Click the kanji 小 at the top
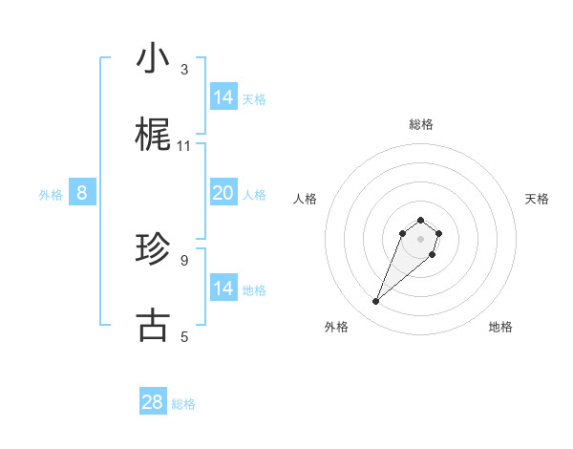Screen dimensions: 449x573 (x=152, y=59)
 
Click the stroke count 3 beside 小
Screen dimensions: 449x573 (x=184, y=70)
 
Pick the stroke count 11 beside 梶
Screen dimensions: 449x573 (x=184, y=146)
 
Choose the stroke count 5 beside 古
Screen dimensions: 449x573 (x=184, y=336)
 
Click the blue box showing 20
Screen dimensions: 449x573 (x=223, y=193)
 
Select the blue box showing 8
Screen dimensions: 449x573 (x=82, y=193)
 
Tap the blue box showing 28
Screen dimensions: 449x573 (x=153, y=402)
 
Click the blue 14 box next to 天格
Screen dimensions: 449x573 (x=223, y=97)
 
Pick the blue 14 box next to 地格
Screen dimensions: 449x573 (x=223, y=289)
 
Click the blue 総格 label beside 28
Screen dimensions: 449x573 (x=183, y=404)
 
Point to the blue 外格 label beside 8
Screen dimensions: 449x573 (x=51, y=195)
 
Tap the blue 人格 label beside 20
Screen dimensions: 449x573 (x=254, y=195)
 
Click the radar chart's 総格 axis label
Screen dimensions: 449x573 (x=421, y=124)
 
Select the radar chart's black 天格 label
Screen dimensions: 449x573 (x=537, y=199)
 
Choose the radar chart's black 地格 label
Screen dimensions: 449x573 (x=500, y=327)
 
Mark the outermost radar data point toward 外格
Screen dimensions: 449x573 (x=376, y=302)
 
